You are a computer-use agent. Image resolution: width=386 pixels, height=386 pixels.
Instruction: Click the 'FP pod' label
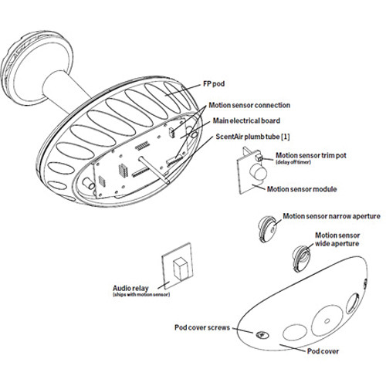[x=214, y=84]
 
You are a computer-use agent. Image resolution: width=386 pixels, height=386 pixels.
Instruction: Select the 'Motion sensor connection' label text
[x=249, y=105]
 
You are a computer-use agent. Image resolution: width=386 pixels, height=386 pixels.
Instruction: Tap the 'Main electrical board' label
[x=246, y=120]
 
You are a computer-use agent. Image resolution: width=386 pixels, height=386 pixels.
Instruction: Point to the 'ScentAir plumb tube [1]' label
[x=252, y=137]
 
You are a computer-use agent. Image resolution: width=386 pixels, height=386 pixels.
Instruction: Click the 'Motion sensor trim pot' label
[x=311, y=155]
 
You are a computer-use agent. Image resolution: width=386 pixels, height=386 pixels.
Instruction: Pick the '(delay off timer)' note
[x=293, y=162]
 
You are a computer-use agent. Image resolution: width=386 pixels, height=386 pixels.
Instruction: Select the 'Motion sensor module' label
[x=302, y=189]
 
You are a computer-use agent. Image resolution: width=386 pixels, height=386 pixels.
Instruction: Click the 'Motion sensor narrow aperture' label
[x=332, y=216]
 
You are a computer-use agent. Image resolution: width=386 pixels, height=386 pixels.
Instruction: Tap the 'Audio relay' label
[x=130, y=288]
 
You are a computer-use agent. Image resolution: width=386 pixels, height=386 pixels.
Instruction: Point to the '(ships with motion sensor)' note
[x=141, y=294]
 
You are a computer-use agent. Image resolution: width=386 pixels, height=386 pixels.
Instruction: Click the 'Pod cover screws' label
[x=202, y=327]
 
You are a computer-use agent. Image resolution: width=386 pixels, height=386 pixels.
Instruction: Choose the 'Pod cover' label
[x=323, y=351]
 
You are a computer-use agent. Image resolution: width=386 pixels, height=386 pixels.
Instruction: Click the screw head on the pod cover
[x=262, y=335]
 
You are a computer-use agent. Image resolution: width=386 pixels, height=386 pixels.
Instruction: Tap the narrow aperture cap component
[x=268, y=229]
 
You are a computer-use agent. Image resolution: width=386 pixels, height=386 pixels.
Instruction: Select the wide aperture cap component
[x=301, y=259]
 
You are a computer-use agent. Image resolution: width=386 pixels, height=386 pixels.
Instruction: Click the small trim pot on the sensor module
[x=259, y=157]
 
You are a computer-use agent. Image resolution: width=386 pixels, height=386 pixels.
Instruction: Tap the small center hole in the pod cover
[x=327, y=321]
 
